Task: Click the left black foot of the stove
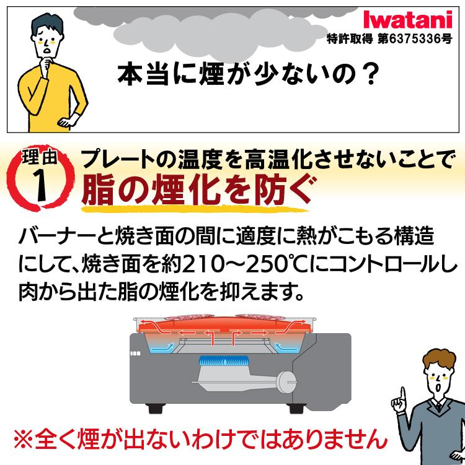click(x=154, y=409)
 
